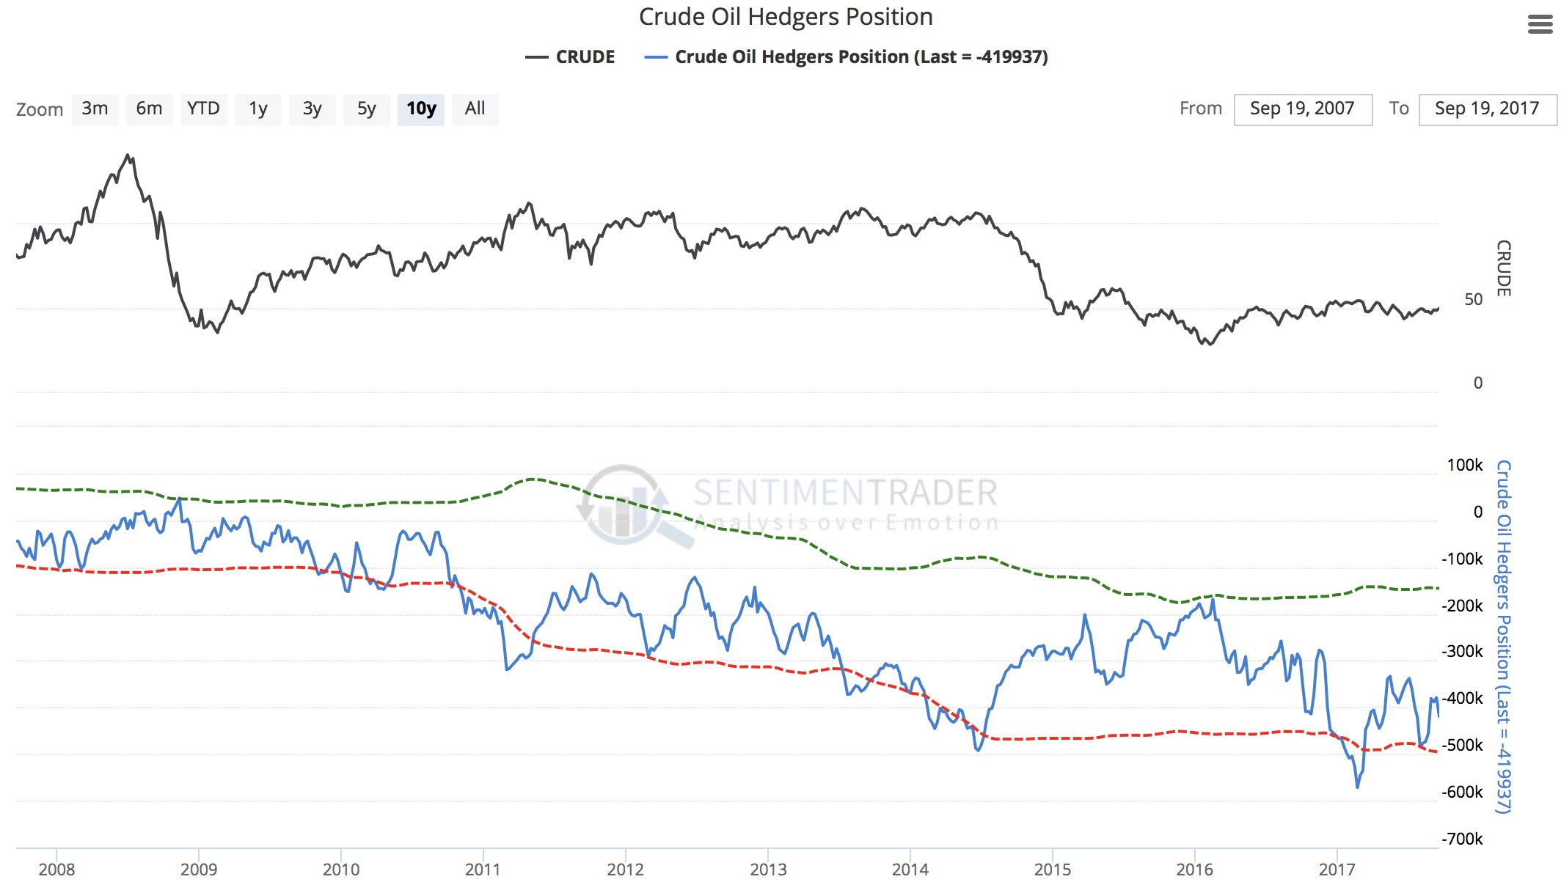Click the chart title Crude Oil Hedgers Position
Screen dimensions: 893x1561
tap(786, 17)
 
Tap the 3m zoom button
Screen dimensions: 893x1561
tap(95, 109)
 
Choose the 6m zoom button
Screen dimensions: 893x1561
tap(149, 109)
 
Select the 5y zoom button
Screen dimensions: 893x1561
tap(366, 109)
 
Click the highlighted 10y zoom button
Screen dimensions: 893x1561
tap(421, 109)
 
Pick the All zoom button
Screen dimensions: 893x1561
tap(475, 109)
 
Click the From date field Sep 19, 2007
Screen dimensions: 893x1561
tap(1302, 109)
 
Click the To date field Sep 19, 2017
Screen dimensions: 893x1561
tap(1487, 109)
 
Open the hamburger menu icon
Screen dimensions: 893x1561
tap(1540, 25)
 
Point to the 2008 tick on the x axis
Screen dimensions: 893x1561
tap(56, 870)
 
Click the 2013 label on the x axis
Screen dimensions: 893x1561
tap(768, 870)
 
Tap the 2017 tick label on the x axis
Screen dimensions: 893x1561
tap(1337, 870)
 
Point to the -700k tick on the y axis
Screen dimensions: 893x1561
tap(1462, 839)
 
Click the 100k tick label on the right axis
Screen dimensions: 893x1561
tap(1464, 465)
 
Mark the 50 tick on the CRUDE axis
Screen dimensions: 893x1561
tap(1473, 299)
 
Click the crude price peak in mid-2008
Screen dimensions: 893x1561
tap(128, 156)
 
